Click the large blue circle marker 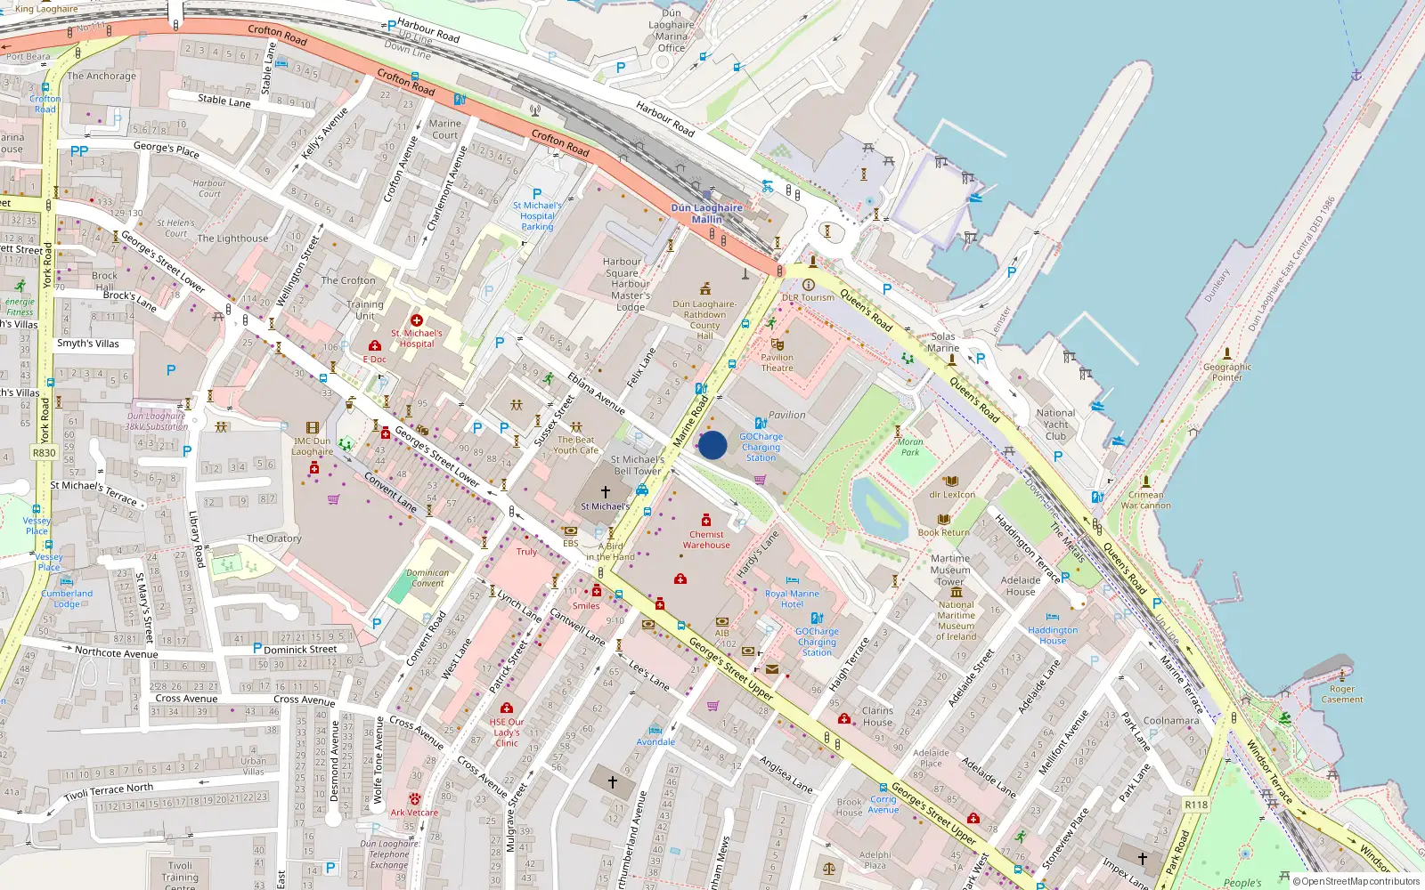click(712, 445)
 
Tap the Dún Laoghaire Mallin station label click(706, 214)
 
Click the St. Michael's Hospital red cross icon click(416, 320)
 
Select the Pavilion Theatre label click(777, 362)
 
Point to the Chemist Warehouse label click(706, 540)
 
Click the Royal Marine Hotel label click(792, 599)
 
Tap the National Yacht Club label click(1055, 425)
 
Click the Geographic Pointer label click(1226, 372)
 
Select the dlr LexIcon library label click(952, 495)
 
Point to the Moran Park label click(909, 447)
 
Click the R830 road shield click(45, 453)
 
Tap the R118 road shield click(1196, 805)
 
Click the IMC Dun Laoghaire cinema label click(312, 446)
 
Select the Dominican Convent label click(427, 578)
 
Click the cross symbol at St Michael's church click(606, 491)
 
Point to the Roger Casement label click(1341, 694)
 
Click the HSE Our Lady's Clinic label click(507, 732)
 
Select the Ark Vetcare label click(414, 813)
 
